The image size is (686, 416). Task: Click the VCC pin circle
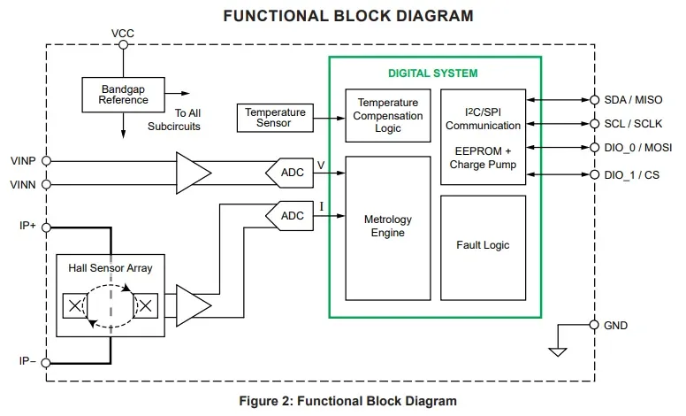point(124,44)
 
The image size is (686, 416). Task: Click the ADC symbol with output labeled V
point(290,173)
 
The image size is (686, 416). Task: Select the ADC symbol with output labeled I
point(290,216)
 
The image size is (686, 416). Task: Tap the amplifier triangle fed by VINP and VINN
point(194,173)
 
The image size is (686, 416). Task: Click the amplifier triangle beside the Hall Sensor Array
point(194,305)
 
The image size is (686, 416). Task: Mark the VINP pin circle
point(46,161)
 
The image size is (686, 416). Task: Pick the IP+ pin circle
point(46,227)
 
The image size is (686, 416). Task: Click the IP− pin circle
point(46,363)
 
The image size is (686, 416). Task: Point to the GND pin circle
point(594,325)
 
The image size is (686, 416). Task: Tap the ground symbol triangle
point(558,352)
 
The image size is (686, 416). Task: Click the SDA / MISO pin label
point(633,100)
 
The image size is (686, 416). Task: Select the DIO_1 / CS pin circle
point(594,174)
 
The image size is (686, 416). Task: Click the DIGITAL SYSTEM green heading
point(433,73)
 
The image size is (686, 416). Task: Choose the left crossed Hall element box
point(75,305)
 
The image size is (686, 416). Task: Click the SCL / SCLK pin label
point(633,124)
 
